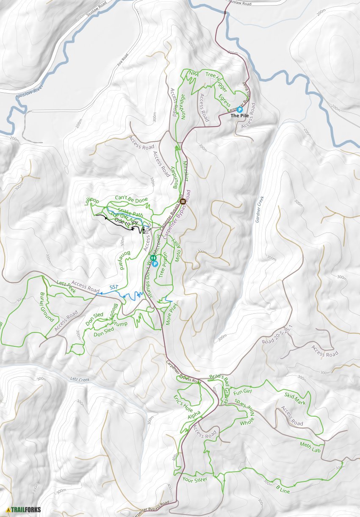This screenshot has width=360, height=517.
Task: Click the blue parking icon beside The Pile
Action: coord(240,109)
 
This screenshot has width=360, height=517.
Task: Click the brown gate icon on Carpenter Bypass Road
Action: coord(183,202)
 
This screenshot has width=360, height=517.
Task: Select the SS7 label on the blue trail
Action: coord(114,288)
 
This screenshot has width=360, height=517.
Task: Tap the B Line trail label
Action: coord(283,488)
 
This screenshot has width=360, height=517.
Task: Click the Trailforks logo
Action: coord(24,509)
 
